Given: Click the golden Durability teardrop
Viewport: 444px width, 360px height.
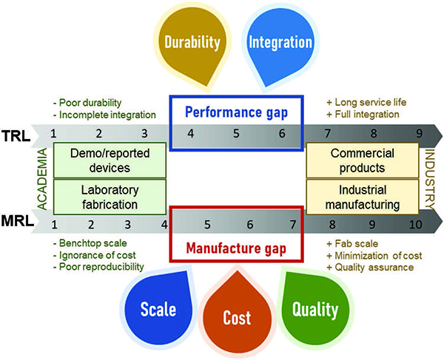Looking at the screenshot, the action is [x=192, y=45].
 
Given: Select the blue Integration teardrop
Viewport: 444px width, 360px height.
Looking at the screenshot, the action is [x=280, y=45].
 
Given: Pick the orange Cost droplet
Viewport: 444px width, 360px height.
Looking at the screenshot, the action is [x=237, y=314].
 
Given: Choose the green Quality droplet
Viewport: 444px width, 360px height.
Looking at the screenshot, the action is [x=315, y=308].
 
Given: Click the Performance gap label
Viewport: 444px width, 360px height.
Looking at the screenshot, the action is [x=237, y=112].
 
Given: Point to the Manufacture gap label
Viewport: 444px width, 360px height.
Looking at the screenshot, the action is [x=237, y=248].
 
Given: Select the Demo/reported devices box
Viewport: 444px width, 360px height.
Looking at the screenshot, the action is [x=110, y=160].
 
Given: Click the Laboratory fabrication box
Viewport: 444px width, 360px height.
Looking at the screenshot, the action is [x=110, y=197].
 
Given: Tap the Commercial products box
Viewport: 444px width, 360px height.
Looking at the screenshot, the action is [x=363, y=160].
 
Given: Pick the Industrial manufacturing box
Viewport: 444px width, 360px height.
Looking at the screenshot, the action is [x=363, y=197].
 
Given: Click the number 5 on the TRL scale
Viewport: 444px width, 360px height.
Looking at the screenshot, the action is [x=237, y=134].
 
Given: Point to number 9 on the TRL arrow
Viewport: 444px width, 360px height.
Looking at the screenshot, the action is [x=420, y=134].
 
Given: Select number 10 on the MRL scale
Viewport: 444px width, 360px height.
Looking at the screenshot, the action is [x=415, y=225].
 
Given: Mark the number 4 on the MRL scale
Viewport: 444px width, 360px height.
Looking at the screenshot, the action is [x=164, y=225].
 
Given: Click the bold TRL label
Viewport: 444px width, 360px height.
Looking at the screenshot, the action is [x=16, y=136].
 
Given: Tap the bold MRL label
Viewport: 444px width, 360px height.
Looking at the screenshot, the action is [x=17, y=220].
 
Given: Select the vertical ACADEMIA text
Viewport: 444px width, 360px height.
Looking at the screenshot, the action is [x=42, y=179].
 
